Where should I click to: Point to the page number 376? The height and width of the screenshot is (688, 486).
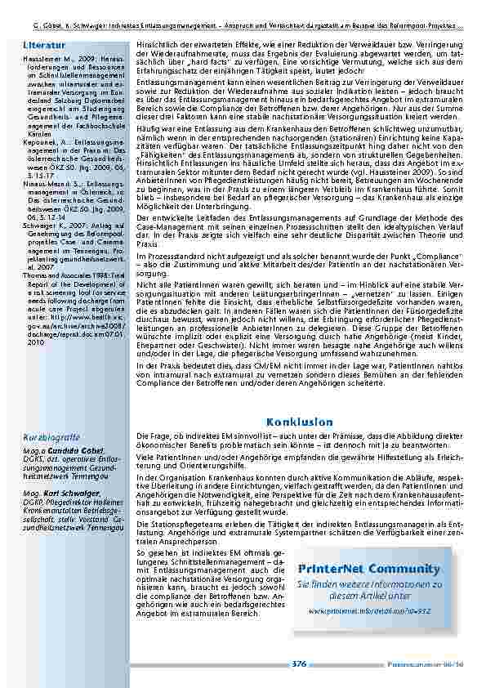click(x=300, y=664)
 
